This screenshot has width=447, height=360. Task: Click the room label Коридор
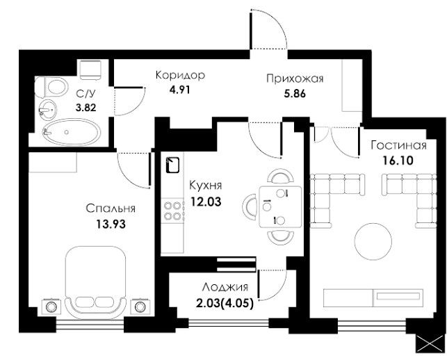pyautogui.click(x=180, y=76)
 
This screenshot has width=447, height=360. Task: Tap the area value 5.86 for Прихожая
pyautogui.click(x=295, y=94)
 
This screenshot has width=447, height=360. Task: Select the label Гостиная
pyautogui.click(x=398, y=145)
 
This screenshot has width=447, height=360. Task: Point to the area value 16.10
pyautogui.click(x=398, y=161)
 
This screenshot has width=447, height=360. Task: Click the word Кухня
pyautogui.click(x=206, y=186)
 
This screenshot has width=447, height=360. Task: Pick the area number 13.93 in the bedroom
pyautogui.click(x=111, y=224)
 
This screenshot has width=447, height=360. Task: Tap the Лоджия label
pyautogui.click(x=225, y=288)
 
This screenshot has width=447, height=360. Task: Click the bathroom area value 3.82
pyautogui.click(x=86, y=108)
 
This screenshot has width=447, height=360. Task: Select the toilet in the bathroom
pyautogui.click(x=51, y=88)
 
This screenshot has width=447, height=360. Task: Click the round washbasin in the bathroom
pyautogui.click(x=47, y=109)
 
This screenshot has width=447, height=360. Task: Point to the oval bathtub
pyautogui.click(x=72, y=132)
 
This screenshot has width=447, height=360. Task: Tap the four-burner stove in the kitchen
pyautogui.click(x=172, y=211)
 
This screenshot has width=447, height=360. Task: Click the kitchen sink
pyautogui.click(x=172, y=165)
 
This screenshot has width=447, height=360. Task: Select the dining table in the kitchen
pyautogui.click(x=281, y=206)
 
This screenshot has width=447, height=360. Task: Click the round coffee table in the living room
pyautogui.click(x=373, y=241)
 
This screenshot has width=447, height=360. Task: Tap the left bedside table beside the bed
pyautogui.click(x=51, y=307)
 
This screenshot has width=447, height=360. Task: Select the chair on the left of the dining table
pyautogui.click(x=250, y=206)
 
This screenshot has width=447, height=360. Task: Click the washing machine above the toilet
pyautogui.click(x=90, y=69)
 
